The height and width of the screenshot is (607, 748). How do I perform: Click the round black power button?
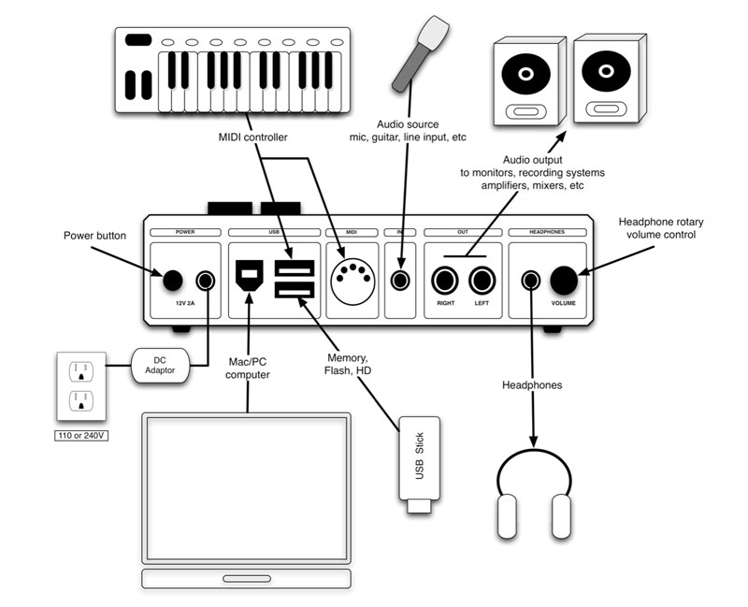173,280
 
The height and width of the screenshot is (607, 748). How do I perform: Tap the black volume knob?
564,280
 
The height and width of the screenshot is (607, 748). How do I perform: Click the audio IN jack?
401,279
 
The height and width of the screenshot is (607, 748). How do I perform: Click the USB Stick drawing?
419,463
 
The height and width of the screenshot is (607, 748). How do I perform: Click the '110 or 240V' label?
81,433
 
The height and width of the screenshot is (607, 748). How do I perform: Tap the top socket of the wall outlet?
81,369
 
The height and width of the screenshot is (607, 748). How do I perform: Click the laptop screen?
247,484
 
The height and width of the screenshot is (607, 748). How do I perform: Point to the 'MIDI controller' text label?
253,137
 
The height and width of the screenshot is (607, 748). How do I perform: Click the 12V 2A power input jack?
205,280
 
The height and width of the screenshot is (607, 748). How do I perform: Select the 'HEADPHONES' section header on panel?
549,230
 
